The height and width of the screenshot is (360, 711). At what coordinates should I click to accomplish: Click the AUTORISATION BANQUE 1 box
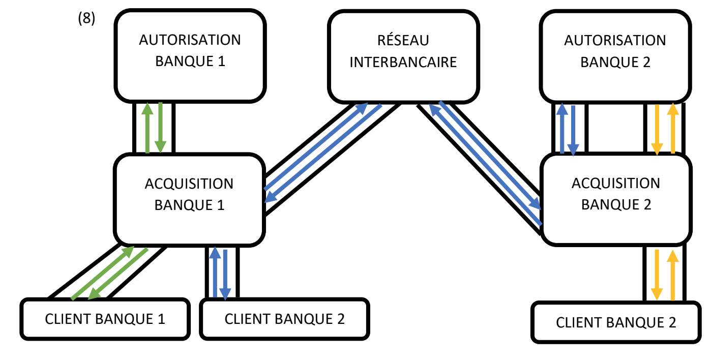coord(190,56)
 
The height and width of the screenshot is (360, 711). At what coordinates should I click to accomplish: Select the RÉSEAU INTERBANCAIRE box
coord(403,56)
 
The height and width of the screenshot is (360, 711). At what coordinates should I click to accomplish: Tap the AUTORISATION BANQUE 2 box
coord(615,56)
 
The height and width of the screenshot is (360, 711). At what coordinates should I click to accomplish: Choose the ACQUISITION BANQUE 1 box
coord(189,199)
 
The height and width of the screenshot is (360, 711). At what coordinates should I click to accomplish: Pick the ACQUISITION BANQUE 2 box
coord(616,199)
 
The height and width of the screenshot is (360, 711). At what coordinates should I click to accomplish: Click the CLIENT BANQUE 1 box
coord(105,319)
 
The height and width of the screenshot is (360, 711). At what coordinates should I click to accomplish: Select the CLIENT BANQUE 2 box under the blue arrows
coord(284,319)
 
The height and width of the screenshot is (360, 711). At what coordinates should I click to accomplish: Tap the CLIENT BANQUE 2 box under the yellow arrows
coord(616,322)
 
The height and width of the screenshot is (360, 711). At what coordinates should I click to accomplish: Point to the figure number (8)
coord(86,19)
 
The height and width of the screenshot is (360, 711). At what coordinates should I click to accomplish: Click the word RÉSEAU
coord(403,40)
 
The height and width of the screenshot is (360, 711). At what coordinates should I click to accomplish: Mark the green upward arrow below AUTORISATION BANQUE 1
coord(147,128)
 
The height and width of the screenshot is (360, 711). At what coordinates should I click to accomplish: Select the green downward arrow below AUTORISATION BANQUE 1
coord(161,128)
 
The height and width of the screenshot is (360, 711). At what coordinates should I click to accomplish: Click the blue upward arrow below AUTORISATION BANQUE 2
coord(561,129)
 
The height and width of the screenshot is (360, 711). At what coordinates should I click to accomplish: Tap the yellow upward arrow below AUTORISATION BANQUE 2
coord(673,129)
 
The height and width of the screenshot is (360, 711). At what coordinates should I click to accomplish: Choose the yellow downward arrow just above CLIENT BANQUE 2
coord(657,274)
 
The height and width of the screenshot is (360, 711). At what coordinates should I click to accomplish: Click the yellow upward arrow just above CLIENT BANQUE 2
coord(673,274)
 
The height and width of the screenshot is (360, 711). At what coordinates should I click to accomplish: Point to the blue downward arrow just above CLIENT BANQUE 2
coord(226,273)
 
